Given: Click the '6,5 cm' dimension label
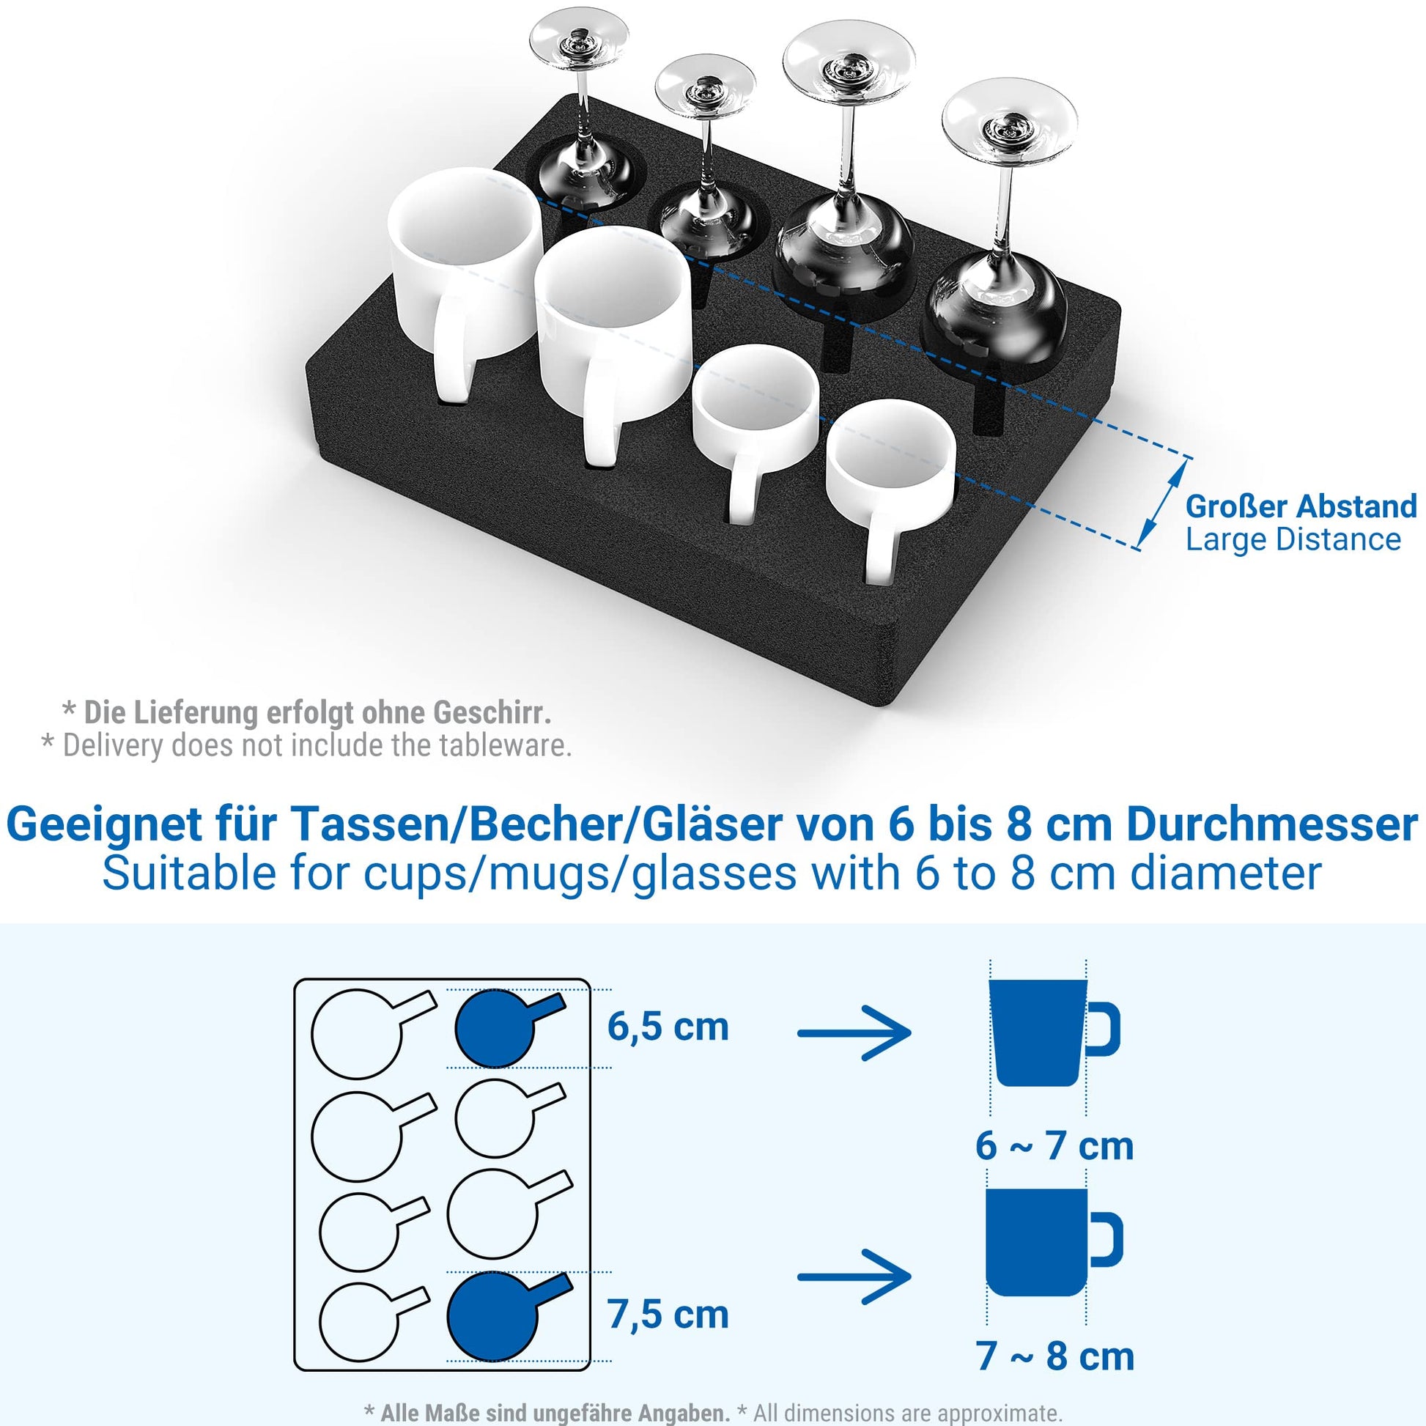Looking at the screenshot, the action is pyautogui.click(x=668, y=1027).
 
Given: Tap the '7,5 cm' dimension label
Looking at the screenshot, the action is pyautogui.click(x=668, y=1315).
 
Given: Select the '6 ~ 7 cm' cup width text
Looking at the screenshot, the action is pyautogui.click(x=1054, y=1146).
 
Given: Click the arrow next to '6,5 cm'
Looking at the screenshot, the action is pyautogui.click(x=854, y=1032).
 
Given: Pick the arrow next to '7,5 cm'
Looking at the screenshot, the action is pyautogui.click(x=854, y=1277).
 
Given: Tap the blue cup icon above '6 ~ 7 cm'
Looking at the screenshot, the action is pyautogui.click(x=1053, y=1032).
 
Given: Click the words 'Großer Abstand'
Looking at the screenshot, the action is pyautogui.click(x=1301, y=506).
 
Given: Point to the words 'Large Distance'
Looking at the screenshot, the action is pyautogui.click(x=1293, y=539).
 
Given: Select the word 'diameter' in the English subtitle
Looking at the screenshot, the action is pyautogui.click(x=1226, y=874).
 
